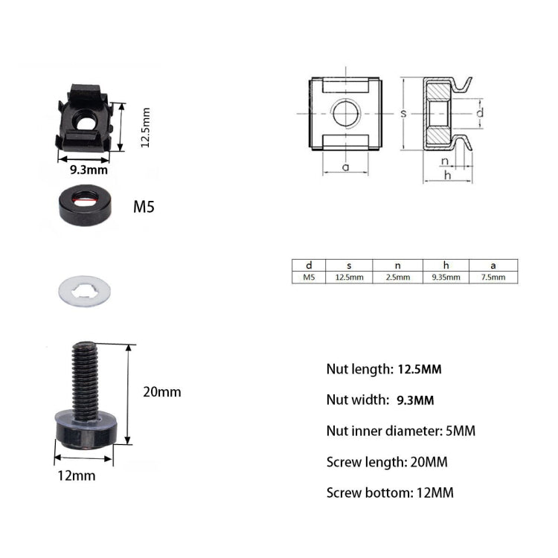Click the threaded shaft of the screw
(x=85, y=376)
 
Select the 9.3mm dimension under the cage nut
(x=89, y=170)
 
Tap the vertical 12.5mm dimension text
(x=146, y=127)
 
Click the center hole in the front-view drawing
(x=345, y=114)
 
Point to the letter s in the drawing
(x=403, y=114)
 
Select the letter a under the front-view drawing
(x=345, y=167)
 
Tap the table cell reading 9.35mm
(x=446, y=277)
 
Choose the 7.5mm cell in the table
(x=493, y=277)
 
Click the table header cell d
(x=309, y=265)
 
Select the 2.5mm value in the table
(x=398, y=277)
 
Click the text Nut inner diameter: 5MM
(x=400, y=431)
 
